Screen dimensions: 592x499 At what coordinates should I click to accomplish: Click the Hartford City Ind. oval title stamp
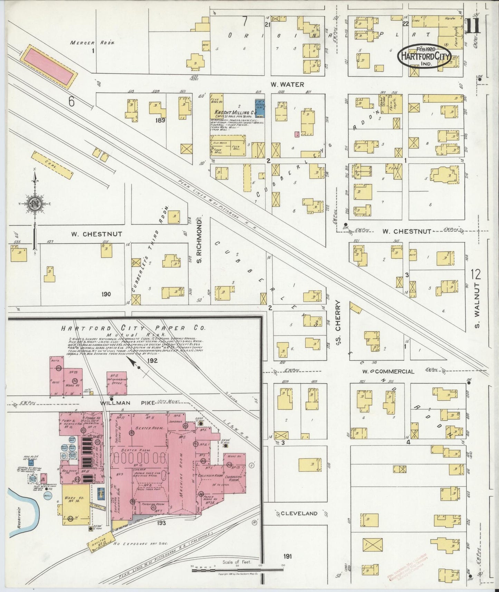pos(424,56)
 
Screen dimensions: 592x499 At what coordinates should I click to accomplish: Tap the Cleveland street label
pos(299,513)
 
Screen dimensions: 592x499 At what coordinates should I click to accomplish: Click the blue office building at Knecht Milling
pos(259,107)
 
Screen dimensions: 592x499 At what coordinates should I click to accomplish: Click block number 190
pos(106,294)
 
